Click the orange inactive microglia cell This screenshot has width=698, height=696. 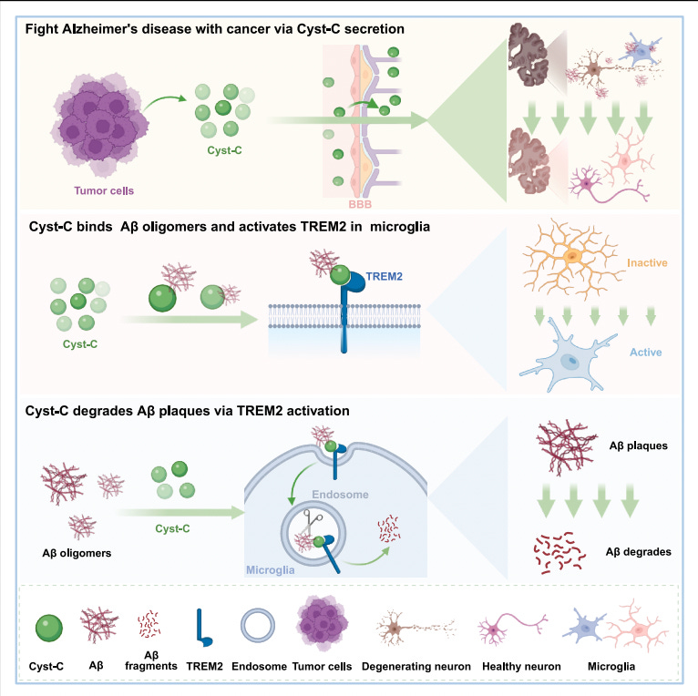[x=571, y=258]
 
